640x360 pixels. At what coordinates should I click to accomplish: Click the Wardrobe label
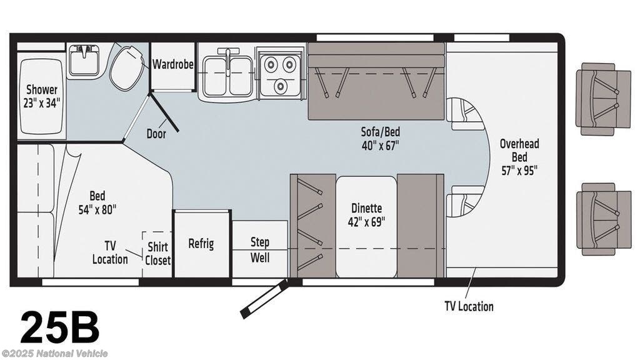click(172, 64)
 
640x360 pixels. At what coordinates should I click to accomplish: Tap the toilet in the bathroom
click(127, 67)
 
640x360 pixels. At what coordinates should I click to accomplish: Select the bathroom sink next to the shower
click(84, 61)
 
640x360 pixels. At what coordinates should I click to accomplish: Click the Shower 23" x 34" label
click(42, 96)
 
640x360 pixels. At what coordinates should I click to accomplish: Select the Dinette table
click(366, 226)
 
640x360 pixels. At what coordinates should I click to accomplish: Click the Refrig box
click(201, 244)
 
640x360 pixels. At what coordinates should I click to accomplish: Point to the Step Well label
click(260, 249)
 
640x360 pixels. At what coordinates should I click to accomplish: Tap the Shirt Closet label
click(157, 253)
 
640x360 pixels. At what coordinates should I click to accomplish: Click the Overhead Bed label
click(519, 157)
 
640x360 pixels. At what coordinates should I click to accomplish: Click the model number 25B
click(59, 327)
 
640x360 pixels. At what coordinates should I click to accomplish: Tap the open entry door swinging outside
click(264, 299)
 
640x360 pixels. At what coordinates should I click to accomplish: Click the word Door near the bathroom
click(156, 134)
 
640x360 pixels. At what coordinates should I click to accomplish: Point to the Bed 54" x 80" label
click(97, 202)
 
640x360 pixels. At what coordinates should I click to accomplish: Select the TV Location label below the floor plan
click(469, 306)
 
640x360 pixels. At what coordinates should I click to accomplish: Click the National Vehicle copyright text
click(55, 354)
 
